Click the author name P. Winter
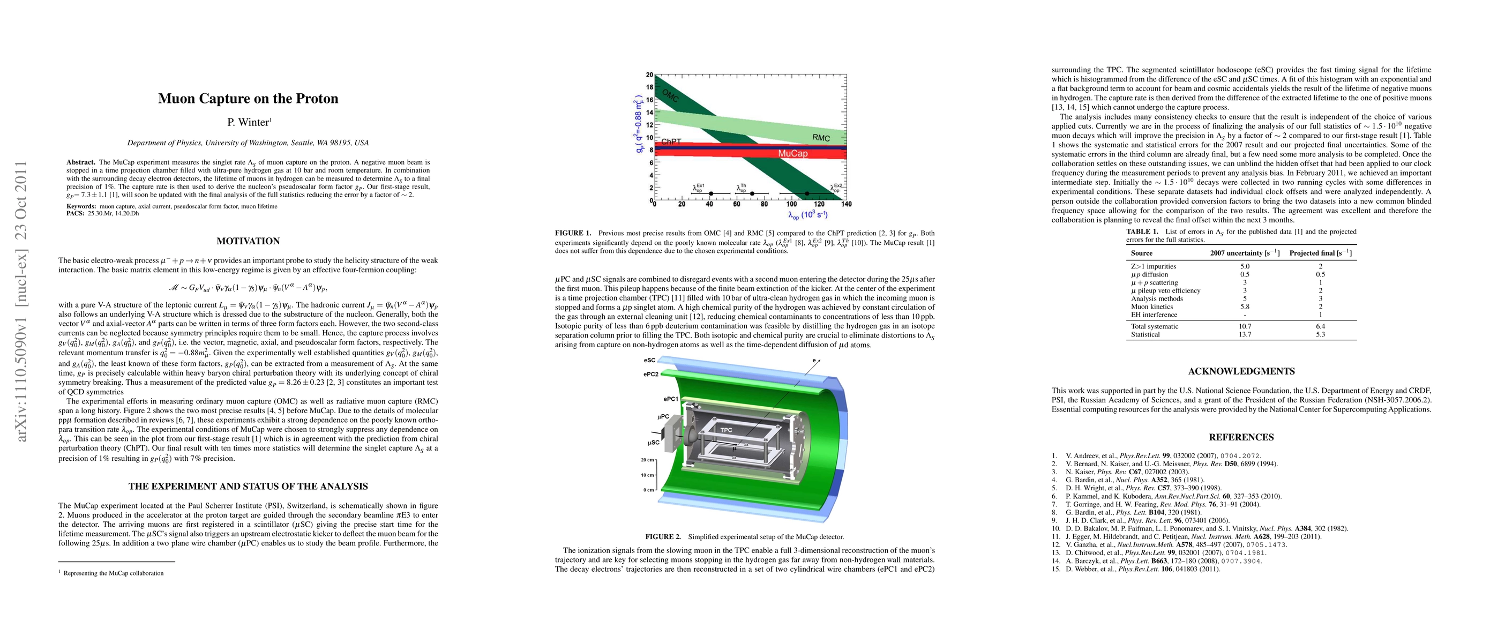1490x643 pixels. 248,122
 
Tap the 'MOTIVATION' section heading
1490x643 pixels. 248,241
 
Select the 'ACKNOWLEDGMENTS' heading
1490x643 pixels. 1241,371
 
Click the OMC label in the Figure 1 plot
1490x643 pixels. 670,95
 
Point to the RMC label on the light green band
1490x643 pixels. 821,138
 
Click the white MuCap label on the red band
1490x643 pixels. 792,153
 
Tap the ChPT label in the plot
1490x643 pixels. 671,141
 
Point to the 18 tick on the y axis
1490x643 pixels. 649,87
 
